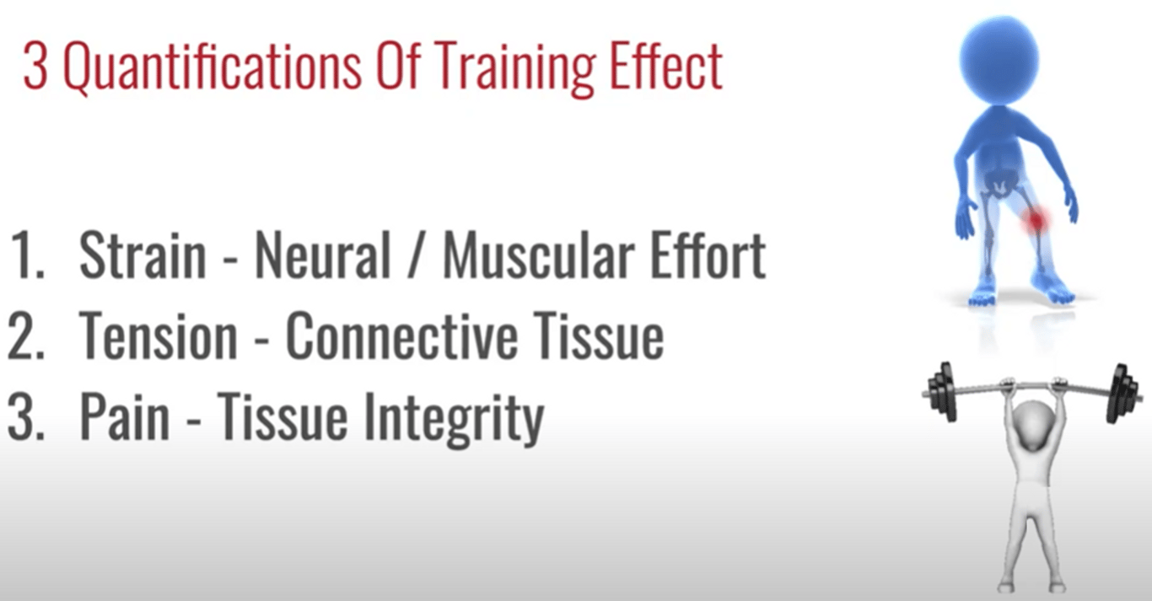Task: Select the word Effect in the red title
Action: (x=666, y=67)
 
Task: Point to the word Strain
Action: (x=143, y=255)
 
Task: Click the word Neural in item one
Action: (x=323, y=255)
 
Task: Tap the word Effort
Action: (x=708, y=254)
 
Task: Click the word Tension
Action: (x=159, y=335)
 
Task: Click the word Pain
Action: (x=125, y=416)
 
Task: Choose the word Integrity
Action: (x=453, y=419)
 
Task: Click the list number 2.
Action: (x=27, y=336)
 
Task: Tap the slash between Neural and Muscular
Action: (x=417, y=255)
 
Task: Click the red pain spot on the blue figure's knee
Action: (x=1034, y=221)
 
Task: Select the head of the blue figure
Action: (x=999, y=61)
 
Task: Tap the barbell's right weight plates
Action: (x=1121, y=394)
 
